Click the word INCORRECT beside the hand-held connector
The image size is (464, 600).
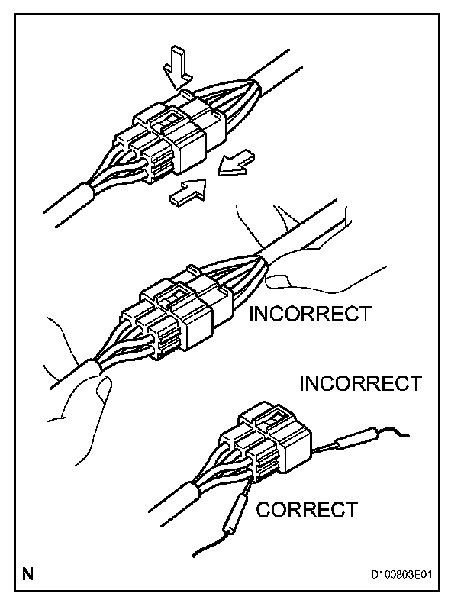pyautogui.click(x=310, y=314)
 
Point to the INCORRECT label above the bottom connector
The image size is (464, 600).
pyautogui.click(x=360, y=382)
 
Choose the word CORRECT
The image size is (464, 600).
pyautogui.click(x=307, y=509)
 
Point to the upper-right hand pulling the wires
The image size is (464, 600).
pyautogui.click(x=305, y=252)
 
